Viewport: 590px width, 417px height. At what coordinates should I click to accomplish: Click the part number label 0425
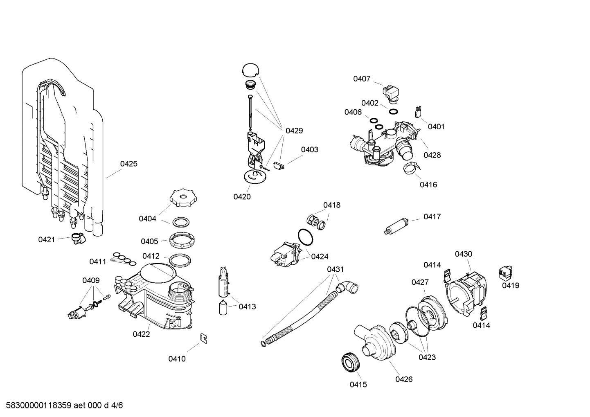coord(128,164)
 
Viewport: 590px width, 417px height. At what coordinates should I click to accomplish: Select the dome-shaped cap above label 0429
coord(250,70)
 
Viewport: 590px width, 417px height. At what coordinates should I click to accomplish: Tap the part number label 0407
coord(362,79)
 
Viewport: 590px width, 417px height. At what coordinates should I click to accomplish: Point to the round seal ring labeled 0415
coord(350,362)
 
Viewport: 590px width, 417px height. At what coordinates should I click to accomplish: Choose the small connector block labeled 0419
coord(506,273)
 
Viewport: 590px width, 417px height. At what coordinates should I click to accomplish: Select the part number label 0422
coord(141,334)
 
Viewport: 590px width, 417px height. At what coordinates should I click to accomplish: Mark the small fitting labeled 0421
coord(77,238)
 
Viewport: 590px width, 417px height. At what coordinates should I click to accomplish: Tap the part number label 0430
coord(463,254)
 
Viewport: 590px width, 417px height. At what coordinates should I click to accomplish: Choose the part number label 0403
coord(309,149)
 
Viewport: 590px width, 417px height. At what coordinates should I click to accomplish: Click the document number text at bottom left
coord(62,406)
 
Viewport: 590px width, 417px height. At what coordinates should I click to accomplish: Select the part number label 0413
coord(247,307)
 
